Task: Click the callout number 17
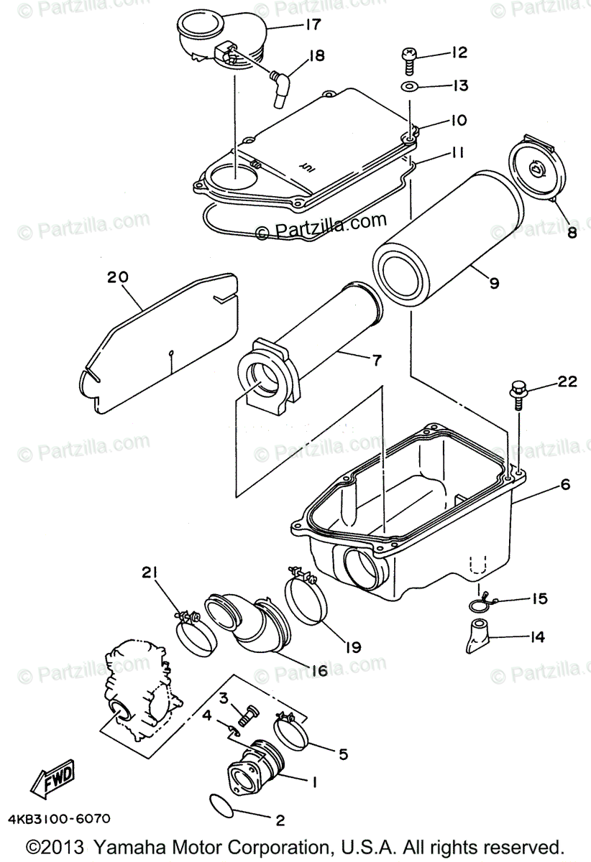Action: coord(311,25)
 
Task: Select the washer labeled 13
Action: coord(408,88)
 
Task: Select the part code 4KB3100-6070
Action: coord(60,818)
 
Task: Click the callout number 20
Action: coord(116,277)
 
